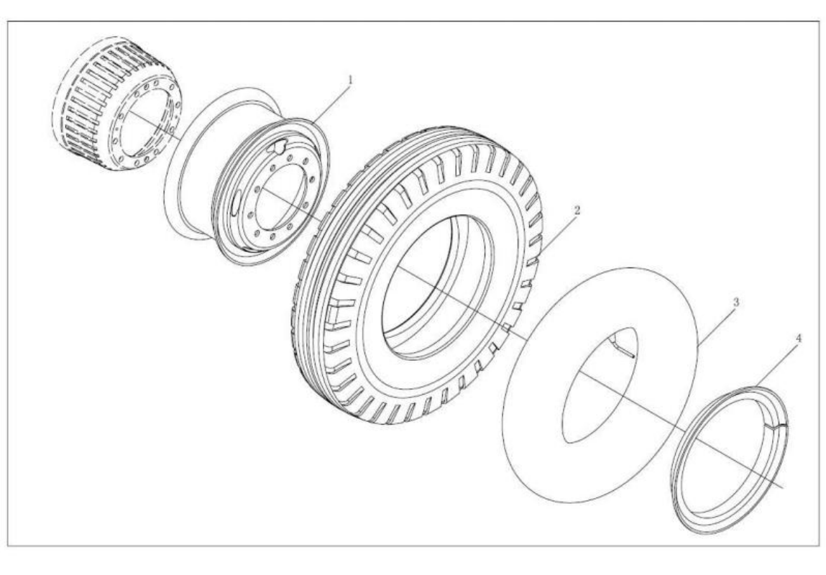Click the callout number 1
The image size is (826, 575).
coord(350,80)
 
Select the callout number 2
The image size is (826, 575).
coord(577,210)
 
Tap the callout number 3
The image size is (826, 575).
coord(736,303)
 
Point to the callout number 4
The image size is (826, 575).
coord(799,338)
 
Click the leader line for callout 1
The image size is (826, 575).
coord(330,104)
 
